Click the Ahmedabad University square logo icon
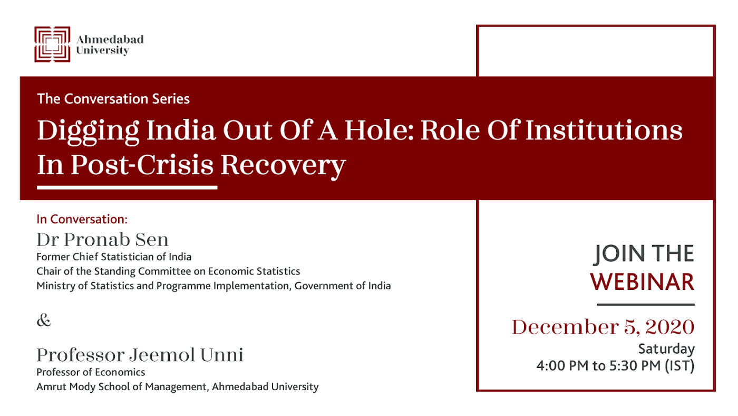tap(52, 44)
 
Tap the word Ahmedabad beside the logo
tap(110, 39)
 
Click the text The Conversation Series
tap(113, 99)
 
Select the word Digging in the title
tap(88, 131)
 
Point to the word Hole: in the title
tap(379, 130)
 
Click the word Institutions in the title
tap(604, 130)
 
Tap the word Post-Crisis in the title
tap(142, 165)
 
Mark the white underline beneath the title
tap(127, 188)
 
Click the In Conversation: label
tap(82, 220)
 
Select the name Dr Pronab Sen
tap(102, 240)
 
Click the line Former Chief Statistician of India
tap(114, 257)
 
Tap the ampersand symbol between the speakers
tap(44, 320)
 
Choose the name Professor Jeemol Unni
tap(140, 355)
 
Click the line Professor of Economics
tap(91, 372)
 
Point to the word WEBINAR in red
tap(642, 282)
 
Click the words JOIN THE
tap(644, 254)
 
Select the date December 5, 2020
tap(603, 327)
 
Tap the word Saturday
tap(666, 349)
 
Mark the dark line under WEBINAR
tap(646, 305)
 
